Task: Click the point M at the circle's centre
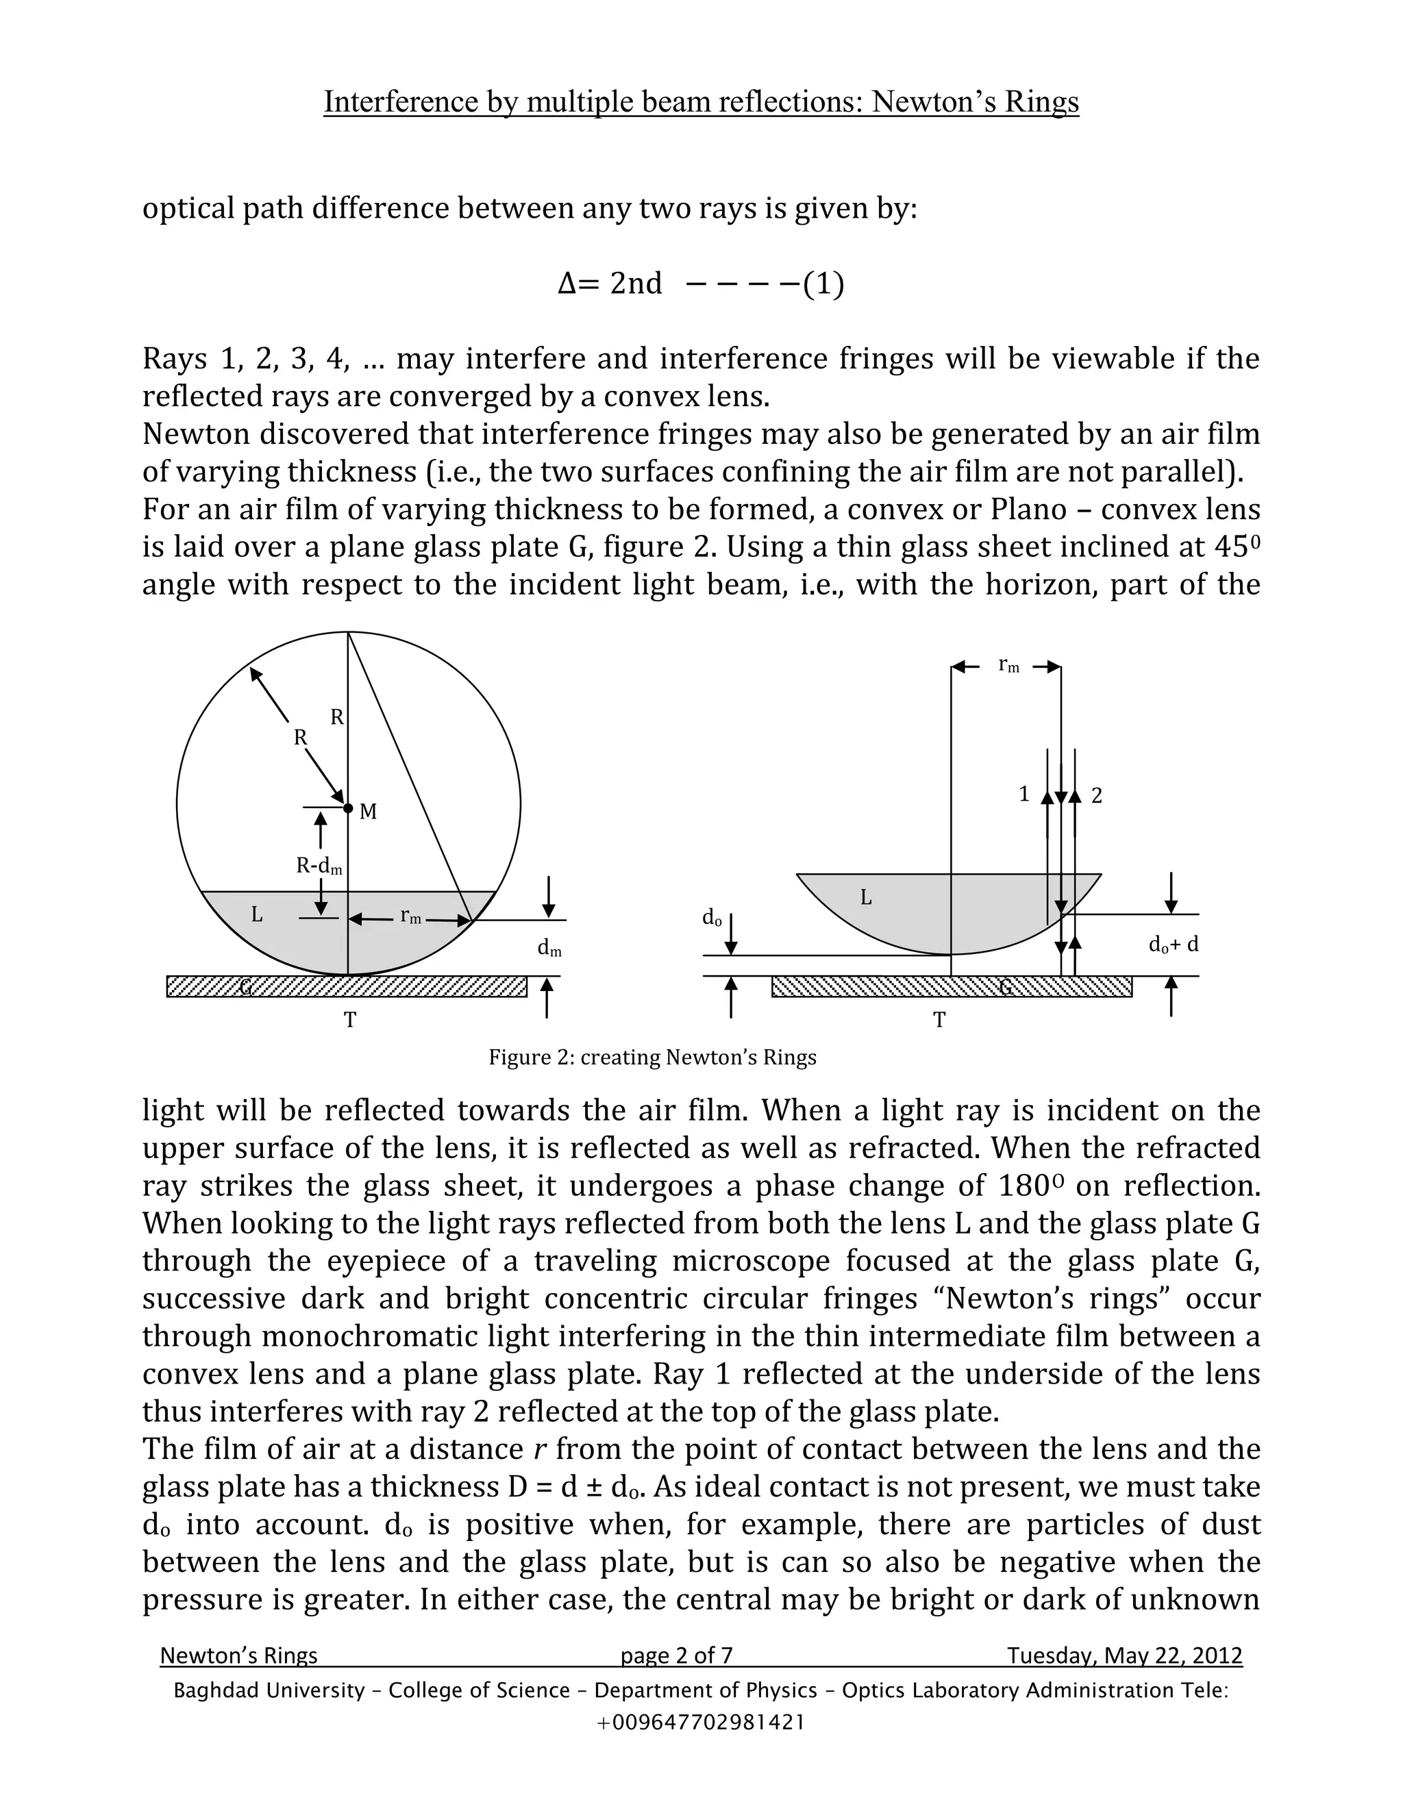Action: (348, 808)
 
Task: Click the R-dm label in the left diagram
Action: (319, 866)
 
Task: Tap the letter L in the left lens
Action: (257, 915)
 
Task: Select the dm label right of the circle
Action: (549, 948)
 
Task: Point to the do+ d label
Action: (1173, 945)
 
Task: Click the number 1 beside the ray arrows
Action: (1024, 794)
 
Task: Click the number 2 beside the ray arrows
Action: (1096, 796)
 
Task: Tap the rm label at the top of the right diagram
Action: (1008, 665)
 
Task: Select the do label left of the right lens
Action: (712, 918)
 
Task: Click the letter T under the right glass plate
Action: (939, 1021)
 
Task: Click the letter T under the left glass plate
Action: (350, 1021)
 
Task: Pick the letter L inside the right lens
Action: (865, 897)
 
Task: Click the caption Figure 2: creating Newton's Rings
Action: (652, 1058)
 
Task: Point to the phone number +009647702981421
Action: (701, 1722)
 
